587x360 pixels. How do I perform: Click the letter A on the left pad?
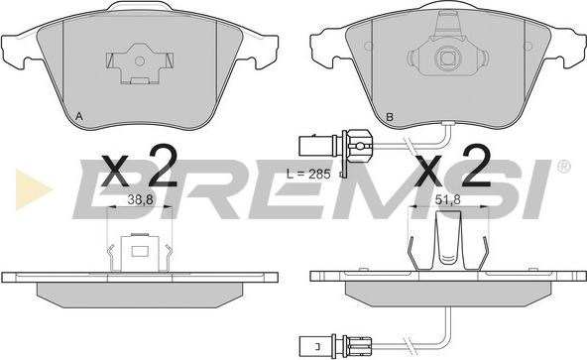point(79,116)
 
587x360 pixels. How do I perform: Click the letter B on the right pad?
point(390,117)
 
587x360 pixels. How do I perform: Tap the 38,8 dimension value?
point(141,200)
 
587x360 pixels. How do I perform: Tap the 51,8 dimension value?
point(448,200)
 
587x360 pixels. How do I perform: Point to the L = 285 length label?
point(308,174)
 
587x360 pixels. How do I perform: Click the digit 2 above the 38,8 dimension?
point(163,166)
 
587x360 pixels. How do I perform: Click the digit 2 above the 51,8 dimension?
point(476,166)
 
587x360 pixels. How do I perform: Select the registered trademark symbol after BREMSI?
point(564,167)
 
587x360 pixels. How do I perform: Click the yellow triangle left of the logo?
point(33,189)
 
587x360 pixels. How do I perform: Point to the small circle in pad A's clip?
point(140,60)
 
